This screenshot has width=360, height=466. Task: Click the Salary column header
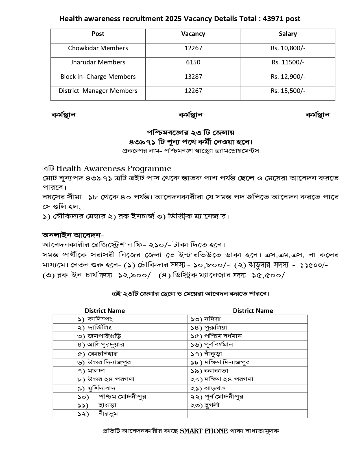(288, 34)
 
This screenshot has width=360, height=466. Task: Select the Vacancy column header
(193, 34)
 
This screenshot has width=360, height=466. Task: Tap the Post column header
(98, 34)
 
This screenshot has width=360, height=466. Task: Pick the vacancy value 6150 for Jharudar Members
(193, 62)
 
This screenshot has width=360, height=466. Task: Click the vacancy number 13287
(193, 77)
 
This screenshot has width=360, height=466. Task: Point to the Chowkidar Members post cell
(98, 48)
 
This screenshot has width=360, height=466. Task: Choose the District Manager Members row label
(98, 91)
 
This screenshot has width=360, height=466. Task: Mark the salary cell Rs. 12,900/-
(288, 77)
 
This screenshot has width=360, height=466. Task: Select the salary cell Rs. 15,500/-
(288, 91)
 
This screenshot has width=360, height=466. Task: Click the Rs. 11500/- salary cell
(288, 62)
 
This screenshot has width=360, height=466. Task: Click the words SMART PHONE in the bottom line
(204, 431)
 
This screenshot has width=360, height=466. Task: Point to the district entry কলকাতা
(216, 371)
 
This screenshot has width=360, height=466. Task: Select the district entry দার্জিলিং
(100, 328)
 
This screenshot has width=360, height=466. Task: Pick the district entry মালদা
(96, 371)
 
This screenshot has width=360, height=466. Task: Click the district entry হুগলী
(212, 405)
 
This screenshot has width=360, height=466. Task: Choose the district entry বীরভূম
(108, 414)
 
